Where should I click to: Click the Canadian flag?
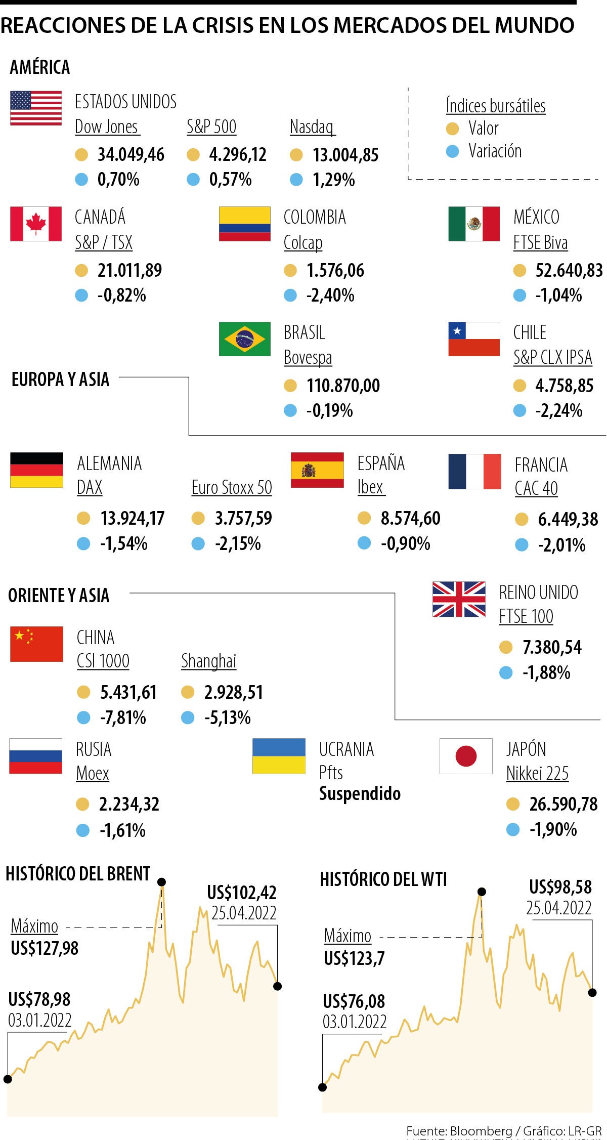pos(36,224)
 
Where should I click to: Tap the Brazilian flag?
pos(245,339)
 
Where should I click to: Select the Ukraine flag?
pos(279,756)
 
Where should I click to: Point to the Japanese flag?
pos(466,756)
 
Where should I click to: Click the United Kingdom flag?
pos(459,599)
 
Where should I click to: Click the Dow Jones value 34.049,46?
pos(131,155)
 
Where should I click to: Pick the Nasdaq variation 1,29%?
pos(333,180)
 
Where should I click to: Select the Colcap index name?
pos(303,243)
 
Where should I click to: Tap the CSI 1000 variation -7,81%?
pos(123,717)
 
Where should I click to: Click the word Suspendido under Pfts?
pos(360,793)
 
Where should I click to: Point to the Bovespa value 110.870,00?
pos(343,386)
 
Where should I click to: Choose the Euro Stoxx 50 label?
pos(232,488)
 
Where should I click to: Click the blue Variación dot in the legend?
pos(452,151)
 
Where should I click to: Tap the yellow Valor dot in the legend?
pos(452,129)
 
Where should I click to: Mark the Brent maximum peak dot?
pos(162,882)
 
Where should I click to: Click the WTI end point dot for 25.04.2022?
pos(592,993)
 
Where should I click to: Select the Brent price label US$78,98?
pos(39,999)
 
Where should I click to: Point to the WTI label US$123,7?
pos(354,958)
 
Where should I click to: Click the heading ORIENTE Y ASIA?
pos(59,596)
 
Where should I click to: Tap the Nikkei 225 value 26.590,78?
pos(563,804)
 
